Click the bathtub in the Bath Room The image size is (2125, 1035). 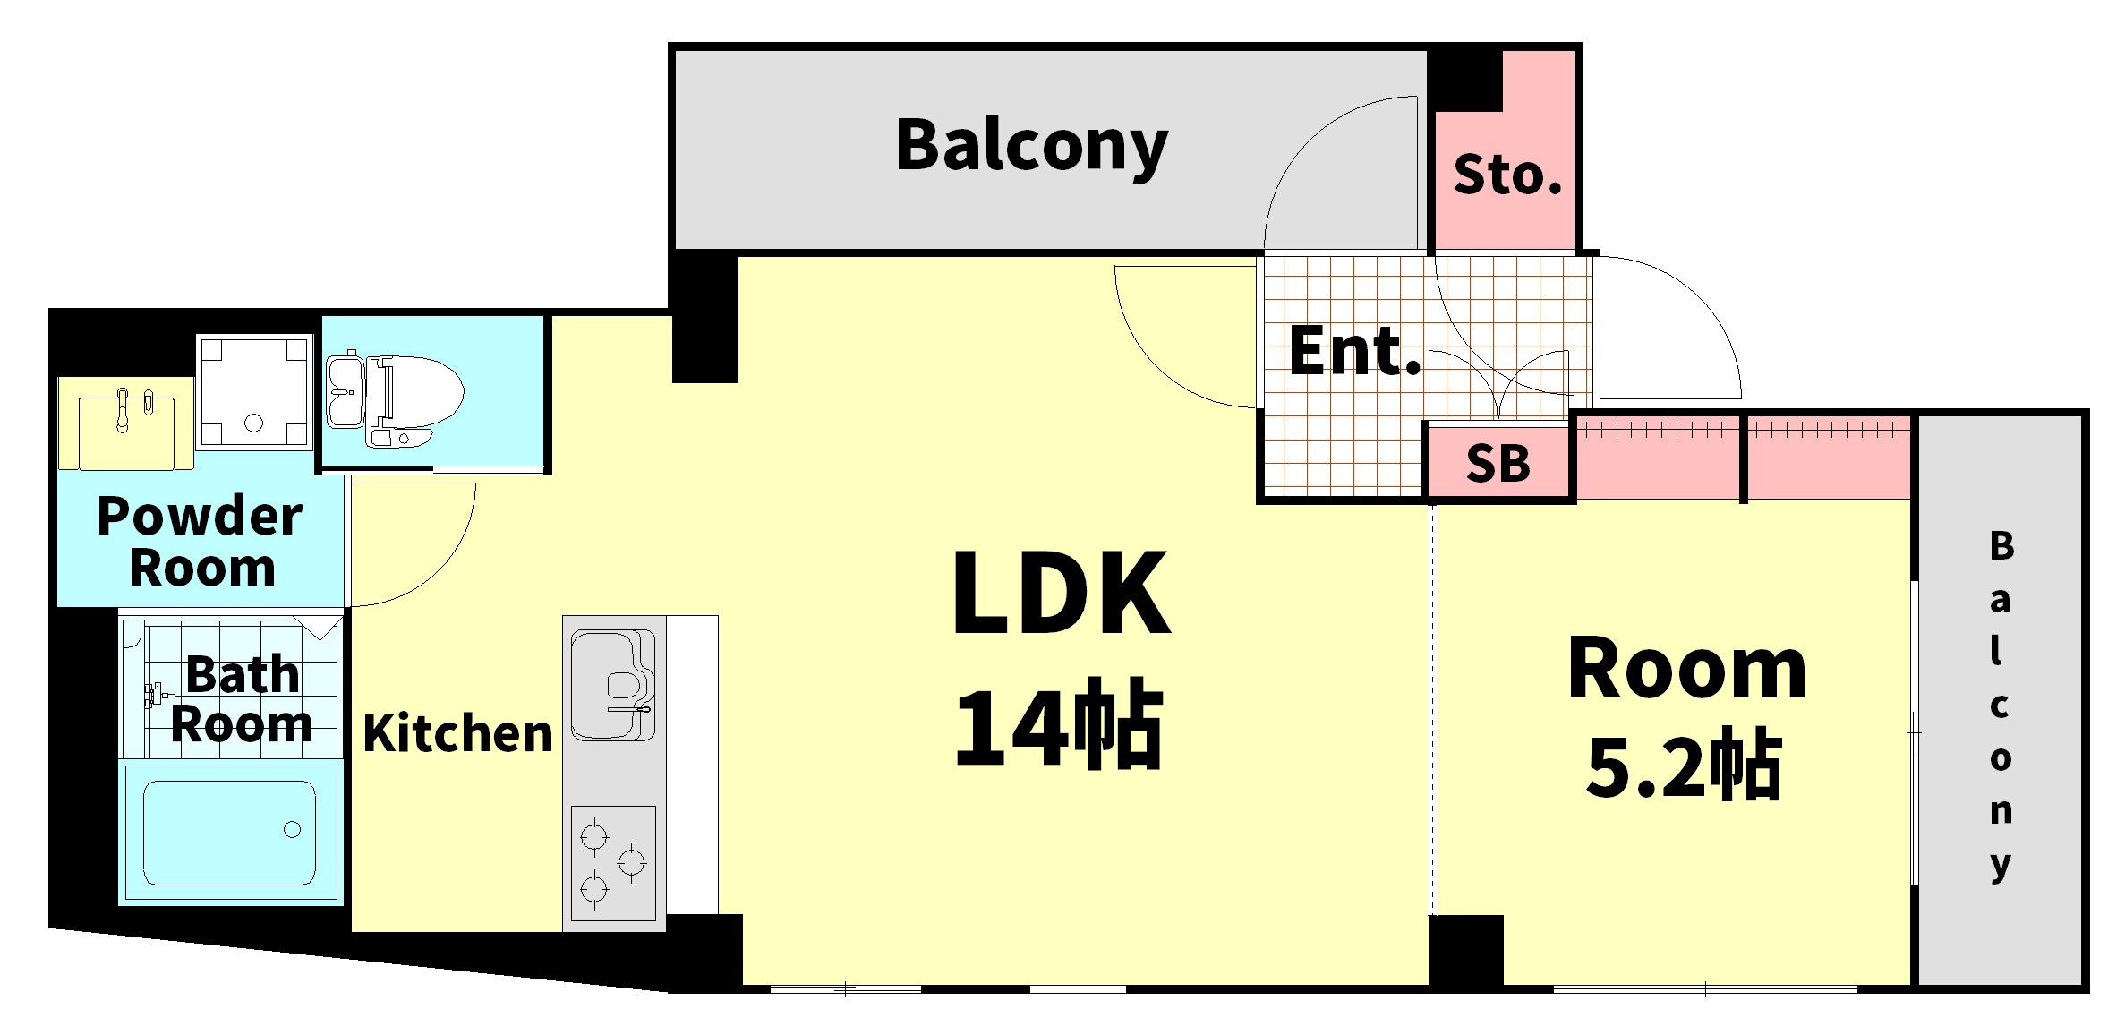pyautogui.click(x=230, y=832)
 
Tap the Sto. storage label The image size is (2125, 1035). pyautogui.click(x=1507, y=175)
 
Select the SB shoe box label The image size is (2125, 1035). pyautogui.click(x=1498, y=464)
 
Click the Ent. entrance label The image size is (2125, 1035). pyautogui.click(x=1355, y=351)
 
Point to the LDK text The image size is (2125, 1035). pyautogui.click(x=1061, y=592)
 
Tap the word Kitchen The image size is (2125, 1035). pyautogui.click(x=458, y=733)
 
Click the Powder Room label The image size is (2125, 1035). pyautogui.click(x=201, y=542)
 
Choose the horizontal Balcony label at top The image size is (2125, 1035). pyautogui.click(x=1032, y=147)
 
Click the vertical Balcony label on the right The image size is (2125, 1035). pyautogui.click(x=2001, y=707)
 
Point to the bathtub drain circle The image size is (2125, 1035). pyautogui.click(x=292, y=829)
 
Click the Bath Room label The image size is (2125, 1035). pyautogui.click(x=242, y=699)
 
